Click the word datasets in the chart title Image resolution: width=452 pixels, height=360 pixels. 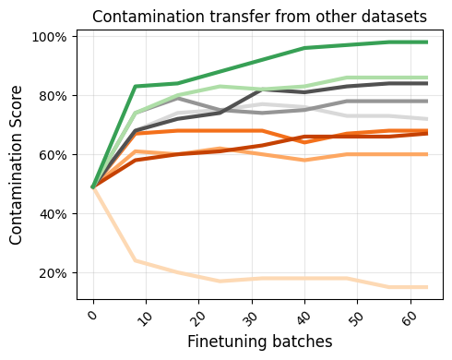point(394,16)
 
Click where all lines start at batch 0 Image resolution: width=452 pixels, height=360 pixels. point(93,187)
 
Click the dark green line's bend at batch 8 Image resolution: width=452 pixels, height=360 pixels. point(135,87)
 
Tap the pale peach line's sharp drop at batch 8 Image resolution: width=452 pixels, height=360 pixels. point(135,260)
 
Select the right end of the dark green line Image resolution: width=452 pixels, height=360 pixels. point(426,42)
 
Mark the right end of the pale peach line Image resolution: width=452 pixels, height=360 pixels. point(426,287)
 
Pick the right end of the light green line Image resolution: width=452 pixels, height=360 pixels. point(426,78)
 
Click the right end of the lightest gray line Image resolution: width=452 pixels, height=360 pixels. point(426,119)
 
